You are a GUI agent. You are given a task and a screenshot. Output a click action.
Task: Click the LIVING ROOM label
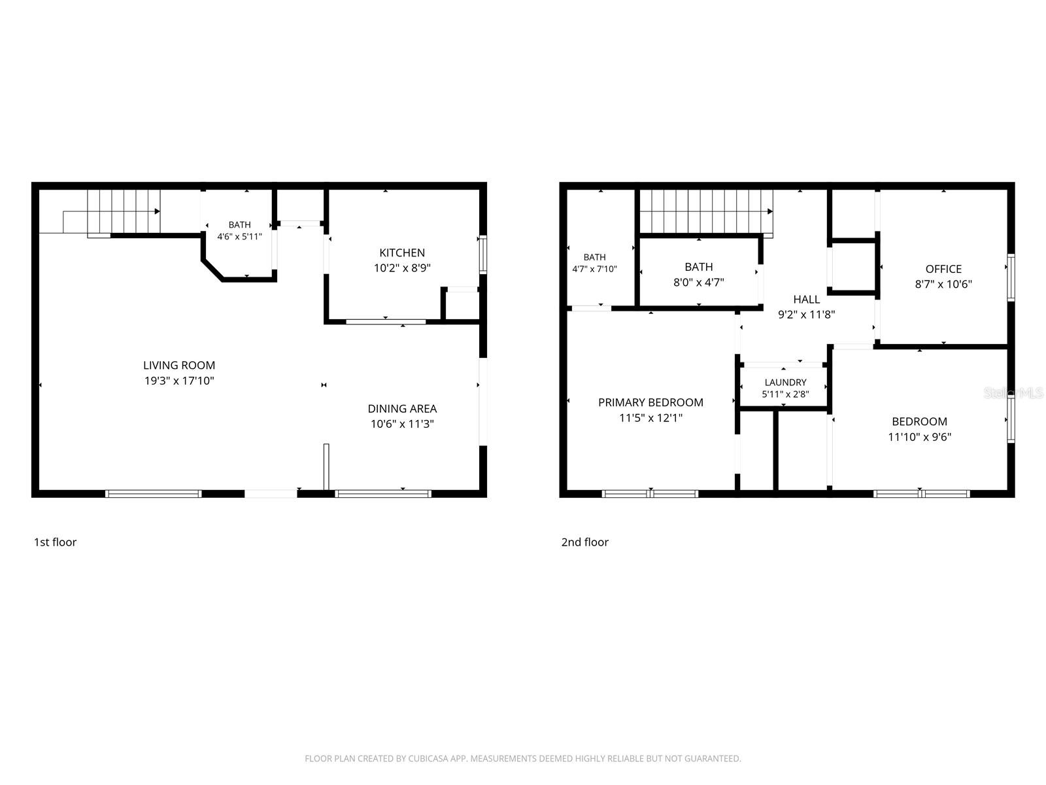click(179, 365)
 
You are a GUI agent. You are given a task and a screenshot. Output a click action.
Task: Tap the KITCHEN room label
click(401, 253)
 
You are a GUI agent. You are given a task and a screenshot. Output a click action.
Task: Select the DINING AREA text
click(402, 408)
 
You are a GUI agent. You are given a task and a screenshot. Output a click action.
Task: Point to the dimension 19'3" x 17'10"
click(179, 380)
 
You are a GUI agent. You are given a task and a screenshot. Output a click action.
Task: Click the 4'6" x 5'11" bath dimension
click(240, 236)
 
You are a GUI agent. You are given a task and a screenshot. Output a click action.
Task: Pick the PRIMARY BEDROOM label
click(650, 402)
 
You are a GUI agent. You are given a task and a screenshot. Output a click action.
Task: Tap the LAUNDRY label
click(785, 382)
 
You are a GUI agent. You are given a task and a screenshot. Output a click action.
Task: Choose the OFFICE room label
click(943, 269)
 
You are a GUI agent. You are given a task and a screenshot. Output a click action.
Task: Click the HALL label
click(806, 300)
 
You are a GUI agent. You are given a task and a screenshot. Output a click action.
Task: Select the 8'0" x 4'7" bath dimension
click(699, 282)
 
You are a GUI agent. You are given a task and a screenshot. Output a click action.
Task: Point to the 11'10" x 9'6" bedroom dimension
click(919, 436)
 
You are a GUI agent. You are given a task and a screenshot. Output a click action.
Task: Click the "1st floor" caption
click(56, 542)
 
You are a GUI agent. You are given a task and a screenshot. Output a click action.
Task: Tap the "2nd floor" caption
click(584, 542)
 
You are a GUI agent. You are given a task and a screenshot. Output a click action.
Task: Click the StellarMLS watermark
click(1013, 392)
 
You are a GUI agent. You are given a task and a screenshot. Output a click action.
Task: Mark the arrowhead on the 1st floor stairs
click(158, 211)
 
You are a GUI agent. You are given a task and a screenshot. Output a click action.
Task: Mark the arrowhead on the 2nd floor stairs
click(769, 211)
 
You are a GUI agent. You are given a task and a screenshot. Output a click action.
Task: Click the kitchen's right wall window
click(482, 254)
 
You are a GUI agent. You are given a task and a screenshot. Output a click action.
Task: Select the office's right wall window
click(1011, 277)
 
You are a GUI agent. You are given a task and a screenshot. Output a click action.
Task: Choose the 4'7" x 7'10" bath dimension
click(594, 269)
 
